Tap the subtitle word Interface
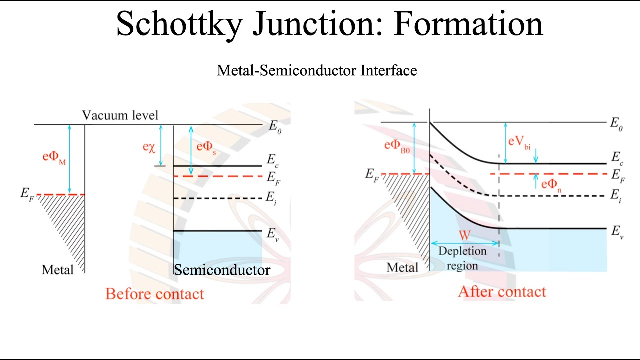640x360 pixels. coord(388,70)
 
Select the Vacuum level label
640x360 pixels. coord(120,115)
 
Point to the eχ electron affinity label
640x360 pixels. coord(149,147)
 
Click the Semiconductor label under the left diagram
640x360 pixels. coord(222,270)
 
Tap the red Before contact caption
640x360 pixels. coord(155,293)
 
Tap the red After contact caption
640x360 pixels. coord(502,291)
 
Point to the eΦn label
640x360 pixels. coord(552,185)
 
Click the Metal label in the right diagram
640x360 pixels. coord(403,267)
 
